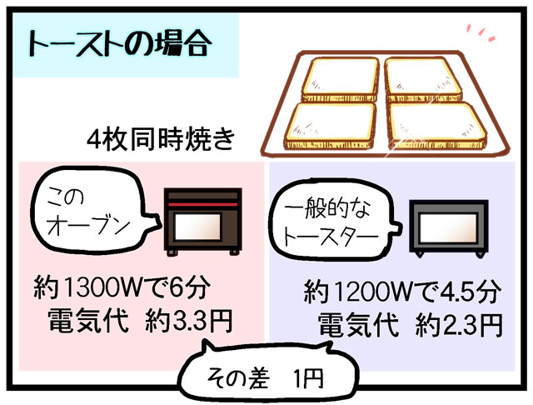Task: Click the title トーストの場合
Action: pyautogui.click(x=119, y=44)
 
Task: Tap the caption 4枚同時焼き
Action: pyautogui.click(x=161, y=139)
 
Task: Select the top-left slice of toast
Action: pyautogui.click(x=341, y=79)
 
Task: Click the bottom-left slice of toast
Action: pyautogui.click(x=330, y=126)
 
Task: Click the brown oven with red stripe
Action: pyautogui.click(x=203, y=222)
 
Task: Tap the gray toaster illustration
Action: pyautogui.click(x=449, y=228)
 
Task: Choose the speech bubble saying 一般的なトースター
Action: pyautogui.click(x=335, y=221)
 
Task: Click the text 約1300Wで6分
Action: pyautogui.click(x=122, y=287)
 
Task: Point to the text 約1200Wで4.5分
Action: pyautogui.click(x=402, y=291)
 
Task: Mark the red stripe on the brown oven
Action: pyautogui.click(x=203, y=204)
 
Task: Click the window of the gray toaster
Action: pyautogui.click(x=448, y=227)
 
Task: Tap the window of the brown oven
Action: pyautogui.click(x=198, y=227)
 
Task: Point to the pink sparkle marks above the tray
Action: pyautogui.click(x=481, y=32)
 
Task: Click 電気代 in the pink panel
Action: pyautogui.click(x=88, y=320)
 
